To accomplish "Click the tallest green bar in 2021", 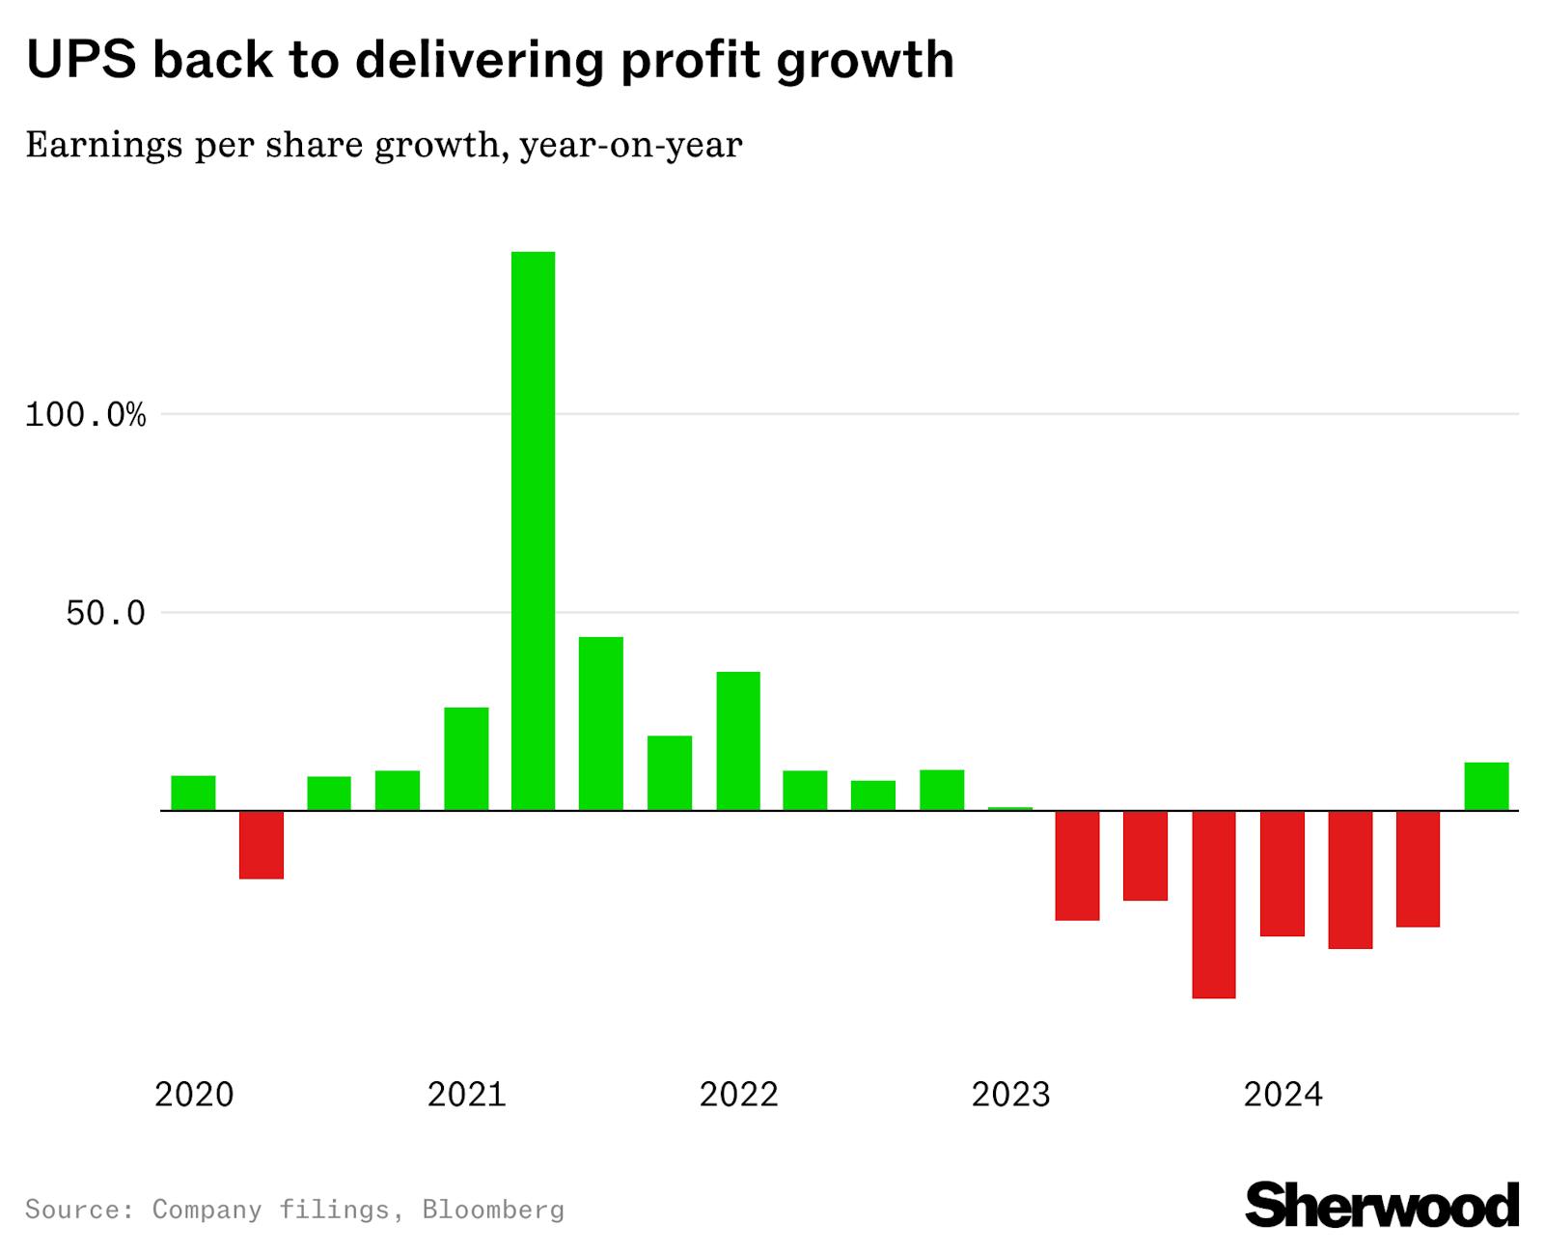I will coord(533,531).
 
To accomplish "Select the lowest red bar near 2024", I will coord(1213,904).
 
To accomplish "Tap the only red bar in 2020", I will coord(261,845).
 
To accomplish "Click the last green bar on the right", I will coord(1486,787).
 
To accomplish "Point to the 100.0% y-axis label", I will coord(85,416).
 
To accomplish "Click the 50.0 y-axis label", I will coord(105,614).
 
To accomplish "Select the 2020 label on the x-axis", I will coord(194,1095).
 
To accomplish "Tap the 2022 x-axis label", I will coord(738,1095).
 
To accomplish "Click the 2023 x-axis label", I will coord(1010,1095).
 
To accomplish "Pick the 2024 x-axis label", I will coord(1282,1095).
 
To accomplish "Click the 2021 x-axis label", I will coord(466,1095).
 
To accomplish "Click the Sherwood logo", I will coord(1382,1205).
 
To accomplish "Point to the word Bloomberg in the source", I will coord(493,1210).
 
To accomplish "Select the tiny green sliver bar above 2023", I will coord(1010,808).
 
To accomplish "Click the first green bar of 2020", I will coord(193,793).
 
